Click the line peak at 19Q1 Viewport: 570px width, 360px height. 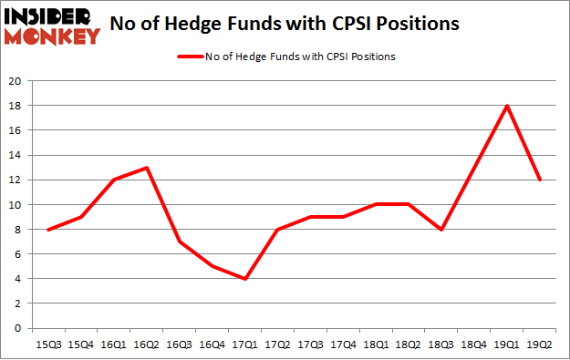point(507,106)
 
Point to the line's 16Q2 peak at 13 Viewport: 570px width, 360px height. point(147,168)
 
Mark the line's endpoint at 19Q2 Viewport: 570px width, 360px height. point(541,180)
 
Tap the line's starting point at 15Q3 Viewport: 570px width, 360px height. point(48,229)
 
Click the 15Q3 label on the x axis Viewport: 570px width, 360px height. point(48,345)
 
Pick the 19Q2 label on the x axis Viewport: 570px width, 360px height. point(541,345)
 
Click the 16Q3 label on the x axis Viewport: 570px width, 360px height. point(181,345)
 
